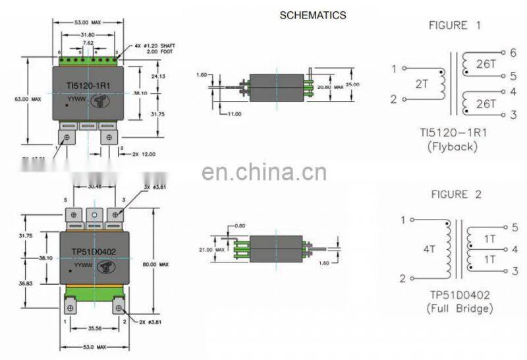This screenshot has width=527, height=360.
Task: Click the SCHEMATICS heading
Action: pos(312,15)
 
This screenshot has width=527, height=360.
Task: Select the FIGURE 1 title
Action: pos(455,26)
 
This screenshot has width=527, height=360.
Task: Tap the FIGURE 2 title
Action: pos(455,195)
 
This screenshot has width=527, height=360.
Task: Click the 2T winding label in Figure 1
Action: pos(423,84)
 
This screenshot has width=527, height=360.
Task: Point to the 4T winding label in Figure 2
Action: pos(429,250)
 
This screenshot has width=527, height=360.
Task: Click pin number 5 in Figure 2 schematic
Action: pos(514,227)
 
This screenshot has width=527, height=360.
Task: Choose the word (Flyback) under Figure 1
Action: pos(452,146)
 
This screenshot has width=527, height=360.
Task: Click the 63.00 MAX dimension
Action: pos(28,99)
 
